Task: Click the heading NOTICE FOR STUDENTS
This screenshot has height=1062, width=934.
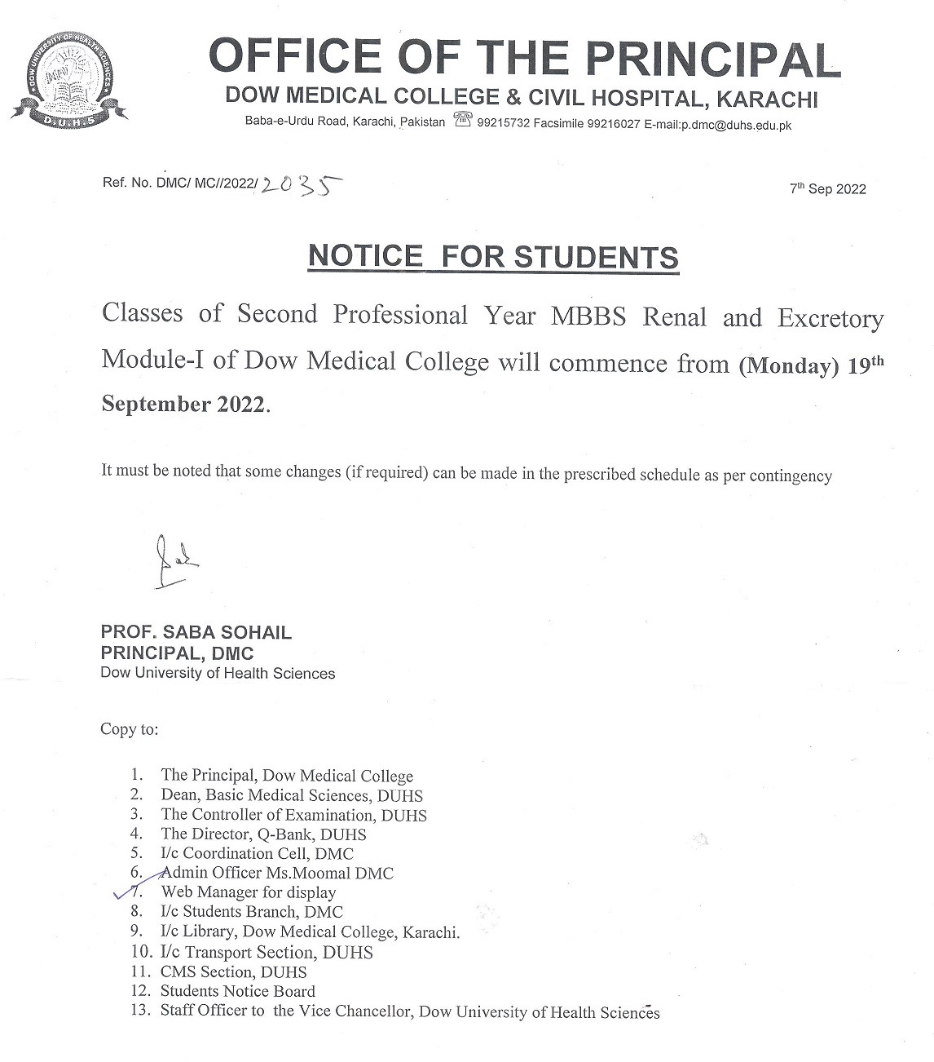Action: [493, 256]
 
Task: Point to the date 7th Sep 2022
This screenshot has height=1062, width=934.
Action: [827, 189]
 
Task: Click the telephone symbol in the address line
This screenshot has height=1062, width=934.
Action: [463, 122]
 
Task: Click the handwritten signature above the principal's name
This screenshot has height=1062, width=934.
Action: [174, 561]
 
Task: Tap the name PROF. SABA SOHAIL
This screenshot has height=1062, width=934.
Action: [196, 632]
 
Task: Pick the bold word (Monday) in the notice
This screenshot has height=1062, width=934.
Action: [788, 367]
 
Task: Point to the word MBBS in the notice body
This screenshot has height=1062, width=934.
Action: [588, 316]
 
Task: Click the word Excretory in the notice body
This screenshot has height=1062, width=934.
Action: [830, 318]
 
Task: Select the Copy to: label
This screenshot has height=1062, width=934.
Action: [129, 729]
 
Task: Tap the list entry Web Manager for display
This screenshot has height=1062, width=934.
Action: [248, 892]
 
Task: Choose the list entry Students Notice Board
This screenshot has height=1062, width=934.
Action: [237, 992]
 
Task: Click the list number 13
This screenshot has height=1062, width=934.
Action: [140, 1011]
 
